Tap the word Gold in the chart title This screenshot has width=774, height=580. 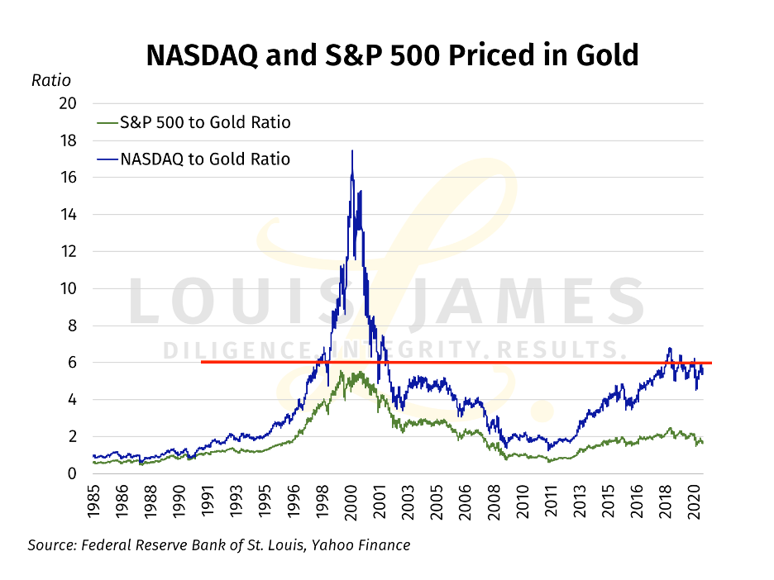[606, 55]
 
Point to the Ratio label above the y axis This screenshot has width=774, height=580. [51, 80]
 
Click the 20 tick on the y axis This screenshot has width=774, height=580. [67, 103]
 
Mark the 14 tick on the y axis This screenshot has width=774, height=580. [67, 214]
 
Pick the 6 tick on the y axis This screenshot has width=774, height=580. [71, 362]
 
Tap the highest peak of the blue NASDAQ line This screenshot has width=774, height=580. [352, 151]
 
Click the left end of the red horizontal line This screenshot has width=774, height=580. [203, 362]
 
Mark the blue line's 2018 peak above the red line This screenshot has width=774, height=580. [669, 349]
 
